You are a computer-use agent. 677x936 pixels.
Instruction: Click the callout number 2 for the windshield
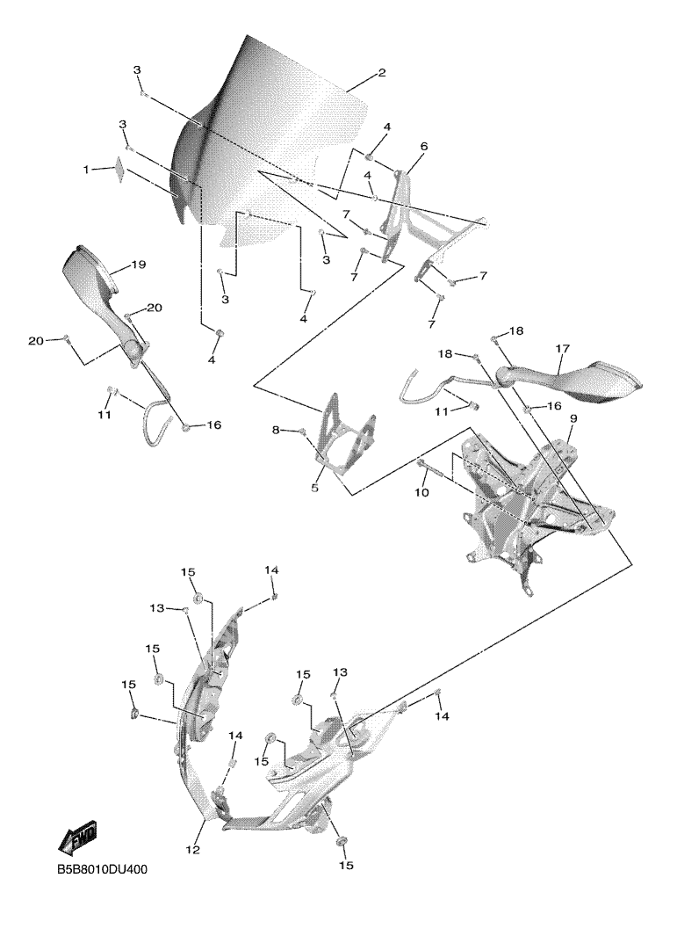(x=381, y=73)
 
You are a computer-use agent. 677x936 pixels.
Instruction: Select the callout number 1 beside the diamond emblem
(x=87, y=170)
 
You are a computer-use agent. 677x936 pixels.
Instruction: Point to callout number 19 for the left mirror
(x=139, y=265)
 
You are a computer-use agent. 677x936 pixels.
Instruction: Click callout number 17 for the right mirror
(x=563, y=349)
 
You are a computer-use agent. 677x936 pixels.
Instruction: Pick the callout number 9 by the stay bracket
(x=573, y=420)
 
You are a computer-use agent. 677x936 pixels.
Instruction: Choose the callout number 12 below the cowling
(x=193, y=850)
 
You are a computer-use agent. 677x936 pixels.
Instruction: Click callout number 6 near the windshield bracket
(x=423, y=146)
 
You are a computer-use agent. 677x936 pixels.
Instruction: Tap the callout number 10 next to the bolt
(x=422, y=495)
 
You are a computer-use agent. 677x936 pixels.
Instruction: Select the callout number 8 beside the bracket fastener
(x=276, y=430)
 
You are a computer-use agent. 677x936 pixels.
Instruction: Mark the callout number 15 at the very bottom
(x=346, y=866)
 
